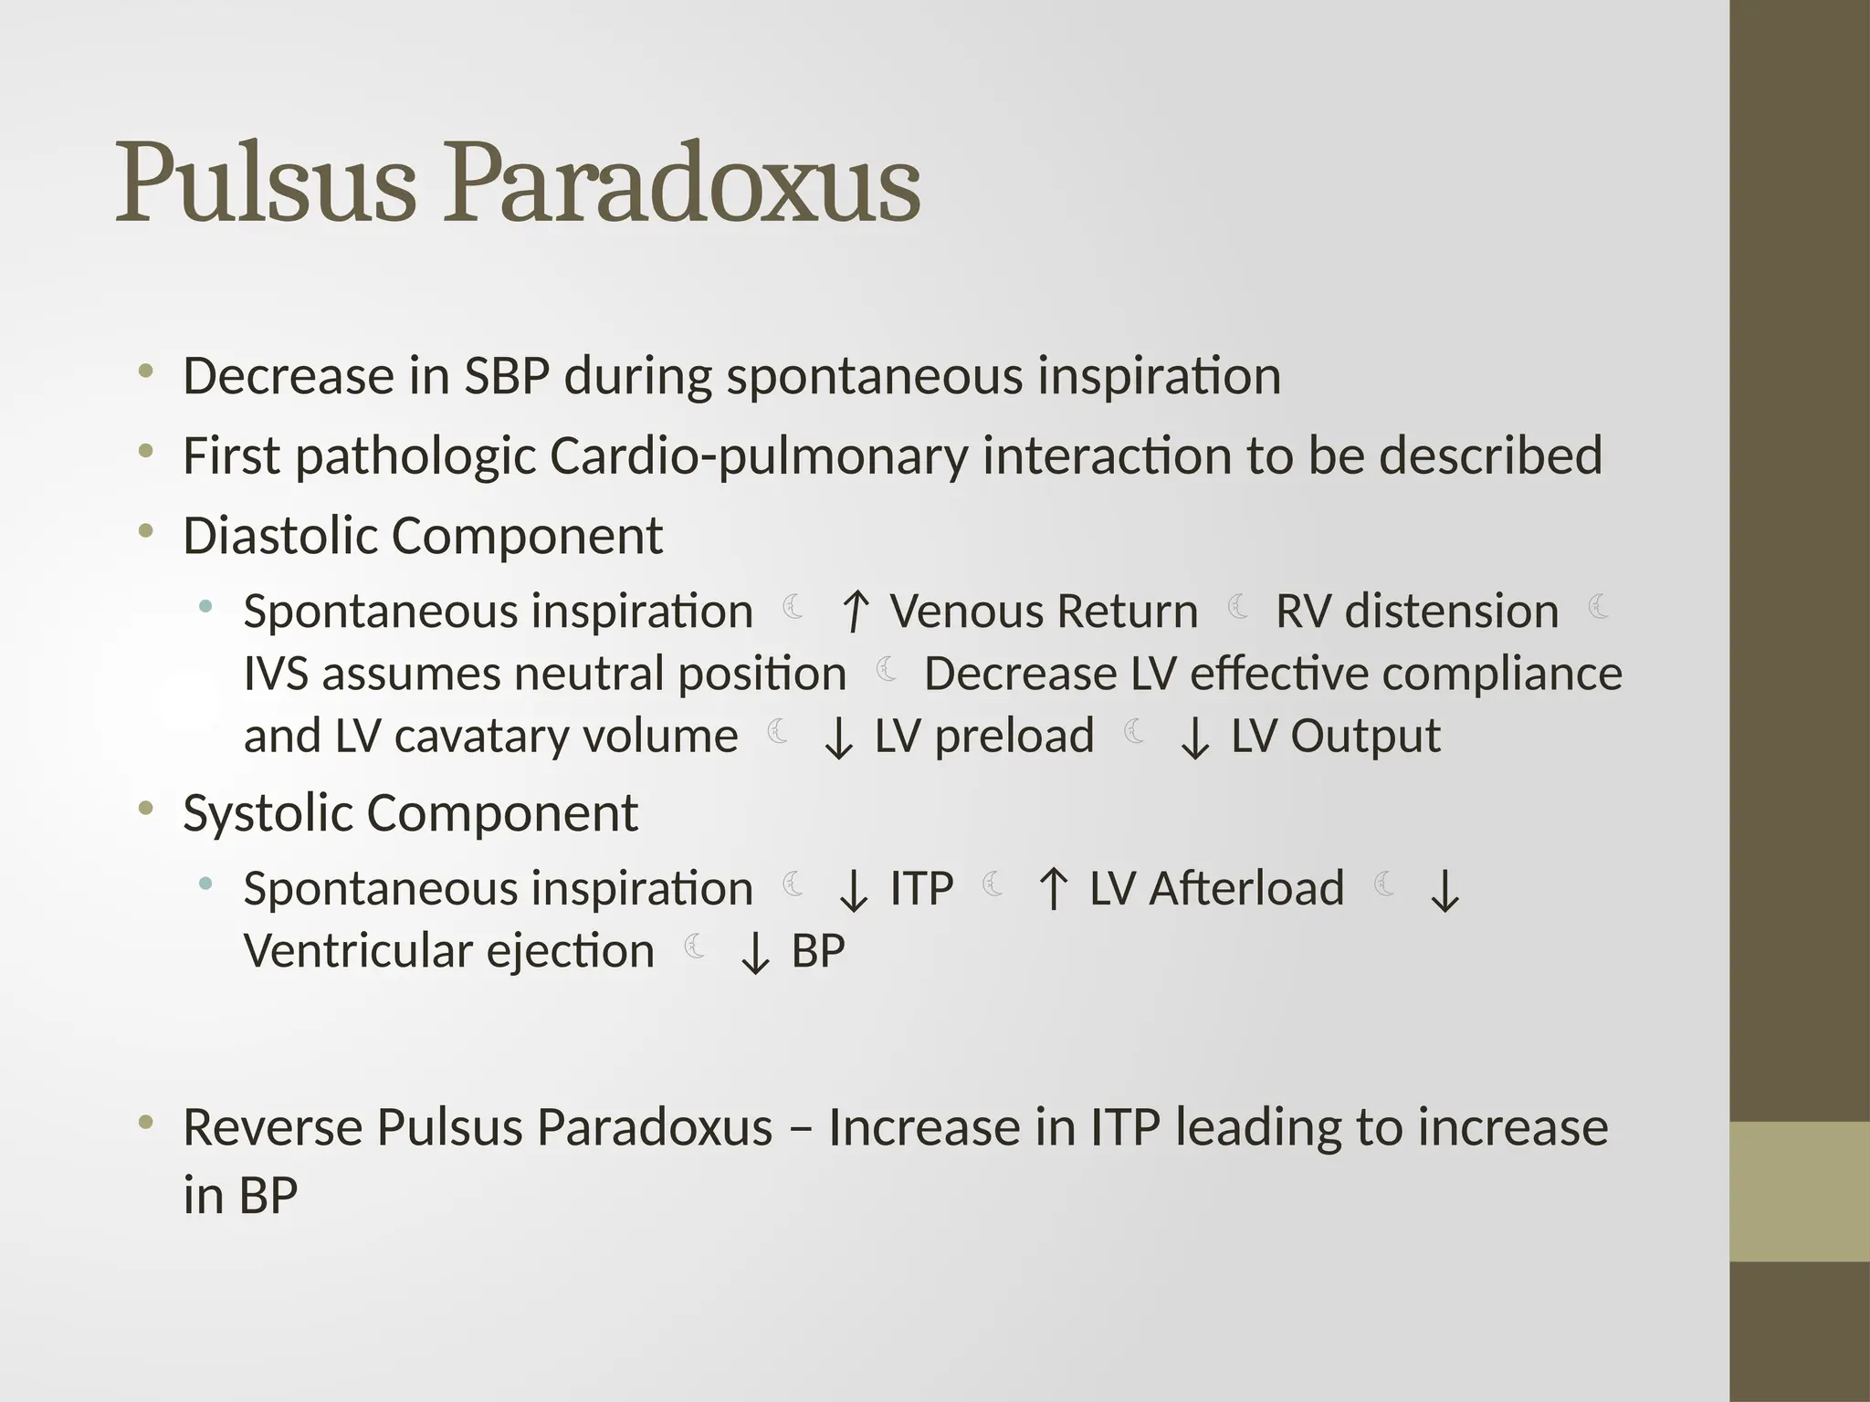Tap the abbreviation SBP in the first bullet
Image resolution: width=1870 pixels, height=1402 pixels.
coord(507,376)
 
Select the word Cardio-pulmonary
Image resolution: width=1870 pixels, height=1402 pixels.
coord(758,456)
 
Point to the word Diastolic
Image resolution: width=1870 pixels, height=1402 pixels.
coord(279,536)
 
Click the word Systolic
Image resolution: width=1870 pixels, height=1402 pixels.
coord(267,813)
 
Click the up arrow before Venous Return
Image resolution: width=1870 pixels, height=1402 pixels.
coord(855,612)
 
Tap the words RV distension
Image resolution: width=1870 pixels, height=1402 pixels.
coord(1416,612)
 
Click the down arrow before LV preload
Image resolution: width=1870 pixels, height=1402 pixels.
coord(838,738)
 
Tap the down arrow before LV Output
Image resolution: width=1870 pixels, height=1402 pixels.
coord(1194,738)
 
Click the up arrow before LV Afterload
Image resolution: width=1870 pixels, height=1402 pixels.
coord(1054,889)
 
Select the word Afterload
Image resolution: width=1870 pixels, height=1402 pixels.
coord(1246,889)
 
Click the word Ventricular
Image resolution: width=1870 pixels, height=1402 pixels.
coord(357,952)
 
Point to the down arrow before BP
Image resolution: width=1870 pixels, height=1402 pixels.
coord(755,954)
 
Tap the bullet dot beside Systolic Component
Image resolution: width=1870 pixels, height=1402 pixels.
coord(146,808)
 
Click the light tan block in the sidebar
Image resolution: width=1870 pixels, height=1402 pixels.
coord(1800,1191)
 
